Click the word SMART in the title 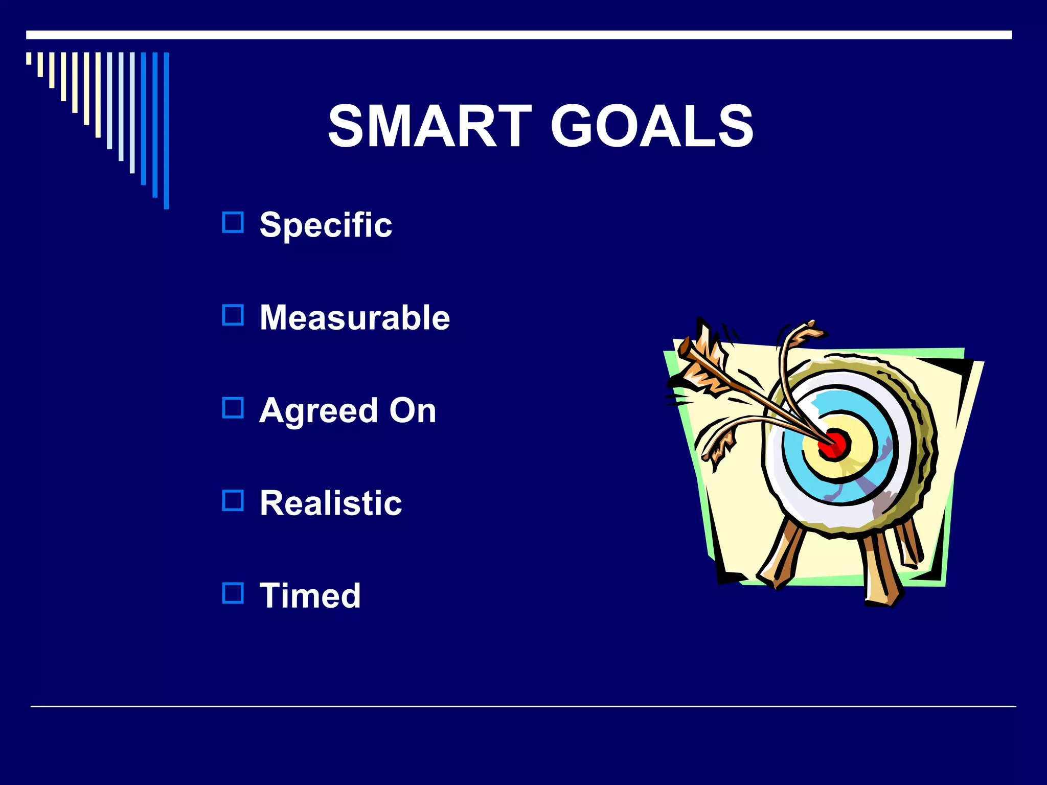tap(430, 126)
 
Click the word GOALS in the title tap(652, 126)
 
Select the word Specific tap(326, 225)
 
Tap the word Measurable tap(355, 317)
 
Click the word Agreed tap(318, 410)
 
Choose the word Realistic tap(331, 503)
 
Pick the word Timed tap(310, 595)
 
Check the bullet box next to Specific tap(233, 222)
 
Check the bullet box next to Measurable tap(233, 315)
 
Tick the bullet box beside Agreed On tap(233, 408)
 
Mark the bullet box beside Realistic tap(233, 500)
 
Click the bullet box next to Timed tap(233, 593)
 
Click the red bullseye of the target tap(834, 444)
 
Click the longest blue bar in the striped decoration tap(166, 130)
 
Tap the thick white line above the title tap(519, 35)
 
